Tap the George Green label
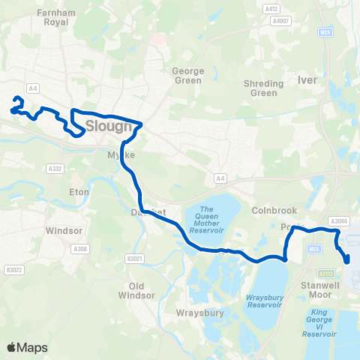pyautogui.click(x=187, y=76)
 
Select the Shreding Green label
pyautogui.click(x=264, y=88)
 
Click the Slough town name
pyautogui.click(x=109, y=126)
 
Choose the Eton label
pyautogui.click(x=79, y=192)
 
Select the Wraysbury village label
pyautogui.click(x=200, y=313)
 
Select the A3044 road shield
pyautogui.click(x=340, y=220)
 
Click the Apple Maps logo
pyautogui.click(x=27, y=347)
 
